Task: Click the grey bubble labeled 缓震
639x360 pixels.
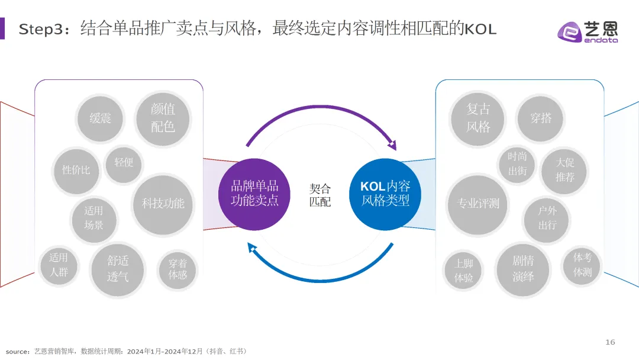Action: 100,118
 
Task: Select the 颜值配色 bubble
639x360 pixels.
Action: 163,117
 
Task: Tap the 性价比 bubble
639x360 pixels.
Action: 76,170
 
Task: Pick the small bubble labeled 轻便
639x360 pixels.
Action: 124,162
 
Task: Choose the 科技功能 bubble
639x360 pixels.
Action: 163,204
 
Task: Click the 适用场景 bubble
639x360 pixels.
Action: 93,218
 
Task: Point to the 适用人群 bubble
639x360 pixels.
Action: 59,265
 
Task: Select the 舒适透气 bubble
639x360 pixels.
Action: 118,268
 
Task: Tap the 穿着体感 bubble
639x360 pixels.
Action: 177,269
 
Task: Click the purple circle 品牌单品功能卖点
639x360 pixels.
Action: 254,193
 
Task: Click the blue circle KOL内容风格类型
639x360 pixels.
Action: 385,193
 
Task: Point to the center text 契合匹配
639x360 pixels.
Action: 320,195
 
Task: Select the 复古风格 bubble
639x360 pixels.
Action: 478,118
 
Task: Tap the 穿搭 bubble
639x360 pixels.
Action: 541,118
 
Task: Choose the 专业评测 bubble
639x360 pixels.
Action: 478,204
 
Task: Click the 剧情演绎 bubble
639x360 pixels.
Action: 523,269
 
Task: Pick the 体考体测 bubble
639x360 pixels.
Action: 582,265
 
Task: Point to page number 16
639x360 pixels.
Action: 610,342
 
